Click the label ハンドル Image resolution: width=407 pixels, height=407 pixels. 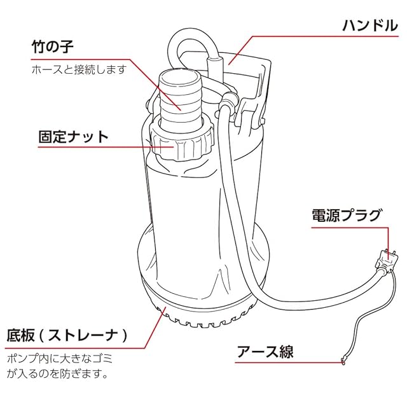point(370,25)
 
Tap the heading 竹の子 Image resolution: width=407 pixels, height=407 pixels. point(53,46)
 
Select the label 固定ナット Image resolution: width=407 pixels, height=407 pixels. point(74,137)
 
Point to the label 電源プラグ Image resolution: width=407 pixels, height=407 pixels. point(347,215)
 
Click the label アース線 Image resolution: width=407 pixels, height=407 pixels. point(265,352)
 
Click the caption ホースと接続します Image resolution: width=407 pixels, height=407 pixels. point(79,69)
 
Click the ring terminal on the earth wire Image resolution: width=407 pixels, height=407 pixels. point(343,361)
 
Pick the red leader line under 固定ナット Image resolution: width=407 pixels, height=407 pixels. point(106,147)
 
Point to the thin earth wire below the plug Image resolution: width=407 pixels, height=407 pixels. point(374,312)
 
